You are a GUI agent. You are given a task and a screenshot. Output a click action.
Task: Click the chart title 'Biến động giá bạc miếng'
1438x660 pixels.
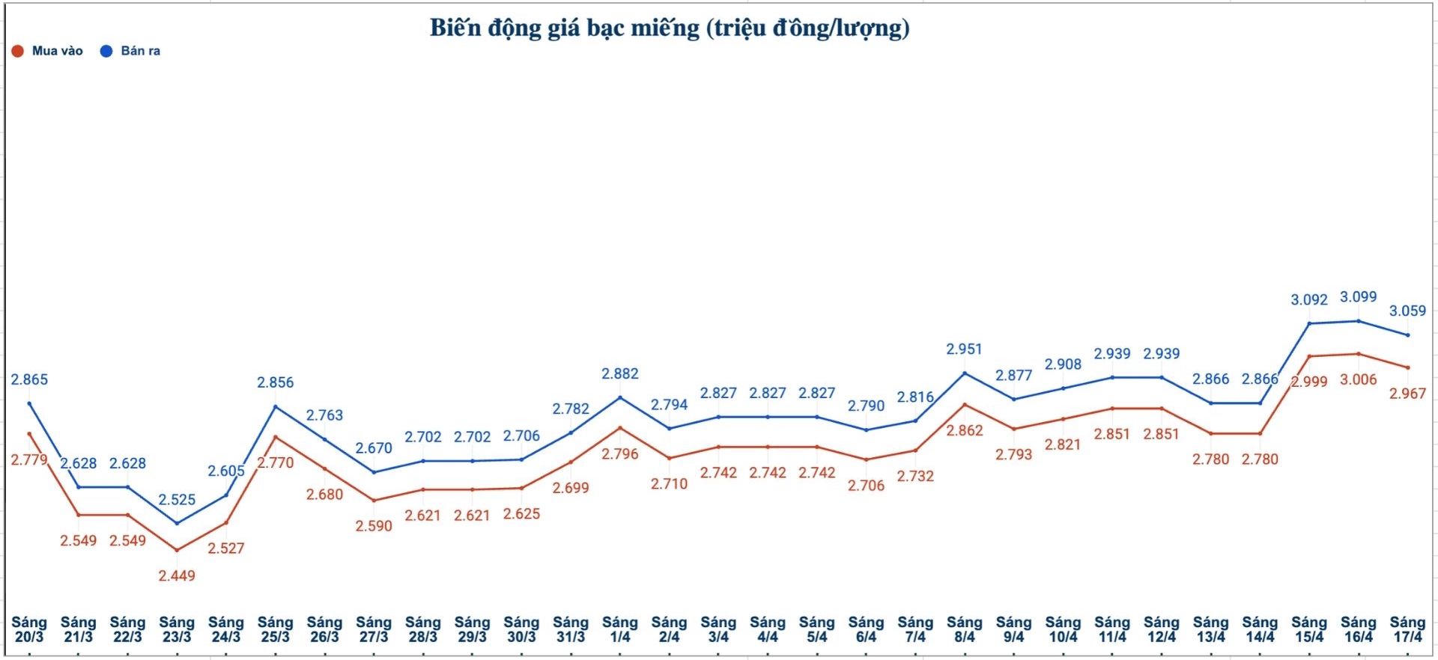669,28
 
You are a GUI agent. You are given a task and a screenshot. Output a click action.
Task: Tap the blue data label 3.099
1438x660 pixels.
1358,297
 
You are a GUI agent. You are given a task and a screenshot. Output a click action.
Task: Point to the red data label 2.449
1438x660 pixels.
177,575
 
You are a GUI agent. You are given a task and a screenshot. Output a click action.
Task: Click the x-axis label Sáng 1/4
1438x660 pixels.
619,629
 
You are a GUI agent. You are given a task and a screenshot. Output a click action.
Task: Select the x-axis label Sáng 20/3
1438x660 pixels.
29,629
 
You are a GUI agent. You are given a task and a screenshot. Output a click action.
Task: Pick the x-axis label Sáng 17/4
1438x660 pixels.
1407,629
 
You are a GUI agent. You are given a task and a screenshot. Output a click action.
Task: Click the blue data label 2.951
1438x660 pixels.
964,349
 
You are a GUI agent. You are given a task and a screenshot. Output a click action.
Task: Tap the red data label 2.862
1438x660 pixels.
964,430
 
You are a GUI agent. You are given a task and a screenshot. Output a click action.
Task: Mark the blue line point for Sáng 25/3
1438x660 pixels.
276,407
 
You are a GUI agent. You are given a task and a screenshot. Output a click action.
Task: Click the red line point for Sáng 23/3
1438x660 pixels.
177,550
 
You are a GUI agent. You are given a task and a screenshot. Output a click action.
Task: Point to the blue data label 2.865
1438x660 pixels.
29,379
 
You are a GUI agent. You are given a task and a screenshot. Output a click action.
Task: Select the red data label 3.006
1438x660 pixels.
1358,379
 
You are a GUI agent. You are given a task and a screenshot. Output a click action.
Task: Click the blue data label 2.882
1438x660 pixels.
619,373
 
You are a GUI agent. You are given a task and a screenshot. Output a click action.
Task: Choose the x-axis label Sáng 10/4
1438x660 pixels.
1063,629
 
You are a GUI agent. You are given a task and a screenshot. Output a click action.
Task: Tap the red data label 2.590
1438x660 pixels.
374,526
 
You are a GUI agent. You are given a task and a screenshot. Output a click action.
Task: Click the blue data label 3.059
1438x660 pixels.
1407,311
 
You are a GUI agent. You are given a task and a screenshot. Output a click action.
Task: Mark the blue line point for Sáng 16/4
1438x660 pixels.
1359,321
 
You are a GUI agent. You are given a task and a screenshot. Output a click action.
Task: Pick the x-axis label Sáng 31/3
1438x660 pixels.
571,629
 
